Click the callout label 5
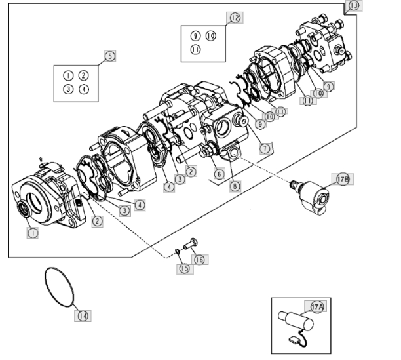click(x=109, y=56)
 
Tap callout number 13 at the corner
click(x=354, y=5)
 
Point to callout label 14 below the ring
click(x=83, y=316)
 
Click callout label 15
click(x=185, y=268)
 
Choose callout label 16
click(x=199, y=260)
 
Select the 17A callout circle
click(x=317, y=306)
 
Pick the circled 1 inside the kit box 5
click(x=67, y=76)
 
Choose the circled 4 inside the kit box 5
click(x=83, y=89)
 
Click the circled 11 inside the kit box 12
click(x=195, y=50)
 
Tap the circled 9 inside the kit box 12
click(x=195, y=35)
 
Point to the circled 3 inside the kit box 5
click(x=67, y=89)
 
